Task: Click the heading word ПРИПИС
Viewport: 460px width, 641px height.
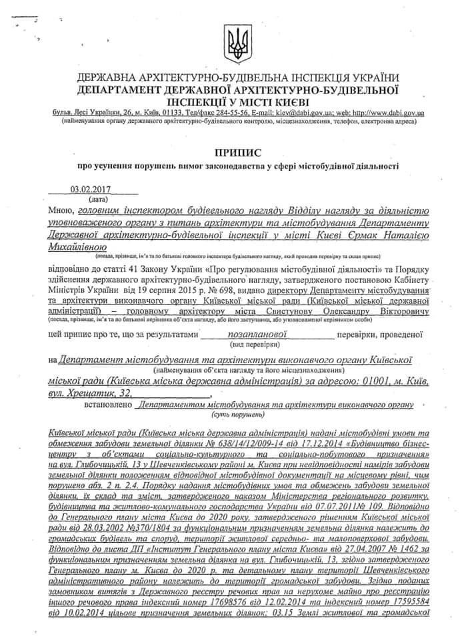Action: (237, 153)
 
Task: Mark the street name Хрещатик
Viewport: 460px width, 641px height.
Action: (91, 393)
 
